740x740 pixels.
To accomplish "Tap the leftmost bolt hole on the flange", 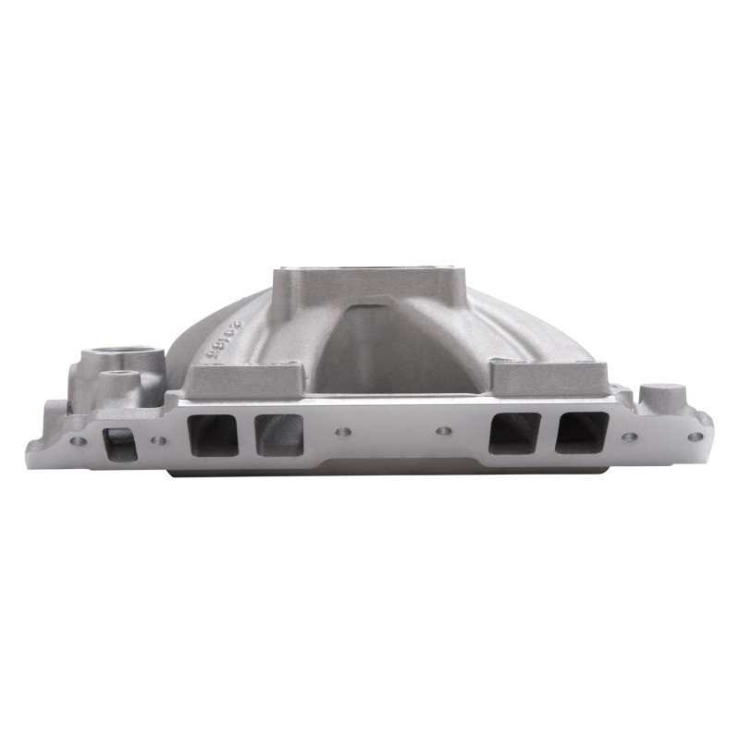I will tap(78, 441).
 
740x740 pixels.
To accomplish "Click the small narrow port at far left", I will tap(117, 443).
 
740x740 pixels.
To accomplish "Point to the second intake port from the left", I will tap(213, 435).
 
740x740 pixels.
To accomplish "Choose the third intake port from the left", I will tap(278, 434).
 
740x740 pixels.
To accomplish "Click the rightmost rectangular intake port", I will tap(582, 432).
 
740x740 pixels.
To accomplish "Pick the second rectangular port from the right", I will tap(514, 432).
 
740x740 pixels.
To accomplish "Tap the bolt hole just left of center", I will tap(343, 431).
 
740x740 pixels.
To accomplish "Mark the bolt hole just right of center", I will tap(443, 431).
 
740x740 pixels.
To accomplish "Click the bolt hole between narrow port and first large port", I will tap(159, 440).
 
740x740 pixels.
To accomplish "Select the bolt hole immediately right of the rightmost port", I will tap(629, 437).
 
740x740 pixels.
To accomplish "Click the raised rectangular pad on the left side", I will tap(245, 376).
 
